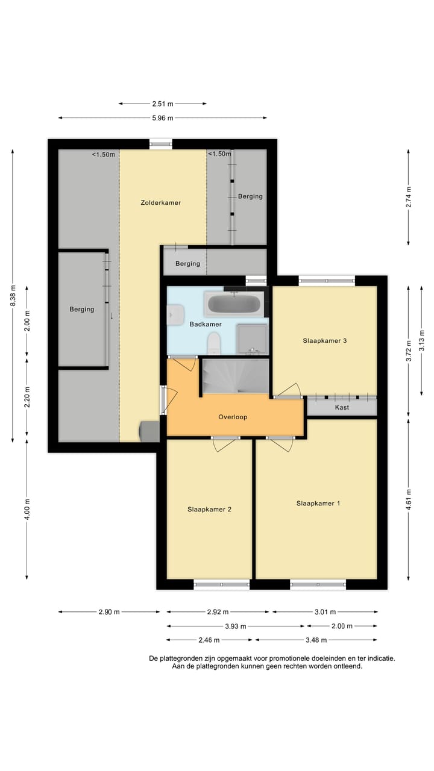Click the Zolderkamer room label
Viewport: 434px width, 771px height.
tap(161, 203)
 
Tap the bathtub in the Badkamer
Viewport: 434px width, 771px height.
tap(234, 304)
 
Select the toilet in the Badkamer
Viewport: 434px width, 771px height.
tap(214, 345)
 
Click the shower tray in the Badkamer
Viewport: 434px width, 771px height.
tap(252, 339)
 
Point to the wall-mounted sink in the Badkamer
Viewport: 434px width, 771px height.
tap(175, 313)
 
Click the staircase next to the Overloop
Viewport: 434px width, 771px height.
tap(235, 376)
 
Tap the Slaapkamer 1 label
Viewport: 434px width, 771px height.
tap(318, 503)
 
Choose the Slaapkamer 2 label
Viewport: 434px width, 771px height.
tap(209, 509)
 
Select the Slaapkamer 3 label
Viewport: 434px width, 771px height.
tap(324, 340)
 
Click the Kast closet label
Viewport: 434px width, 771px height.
tap(342, 408)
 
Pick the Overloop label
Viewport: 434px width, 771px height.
tap(233, 417)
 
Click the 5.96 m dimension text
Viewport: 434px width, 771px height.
tap(162, 118)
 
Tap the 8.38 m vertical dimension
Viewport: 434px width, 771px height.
tap(13, 295)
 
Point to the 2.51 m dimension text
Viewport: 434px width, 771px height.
tap(162, 104)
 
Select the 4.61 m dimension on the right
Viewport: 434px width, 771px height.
tap(409, 501)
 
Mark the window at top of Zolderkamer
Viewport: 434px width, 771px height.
tap(161, 144)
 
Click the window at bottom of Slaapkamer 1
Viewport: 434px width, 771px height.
tap(318, 584)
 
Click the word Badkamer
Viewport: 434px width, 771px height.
tap(206, 324)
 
